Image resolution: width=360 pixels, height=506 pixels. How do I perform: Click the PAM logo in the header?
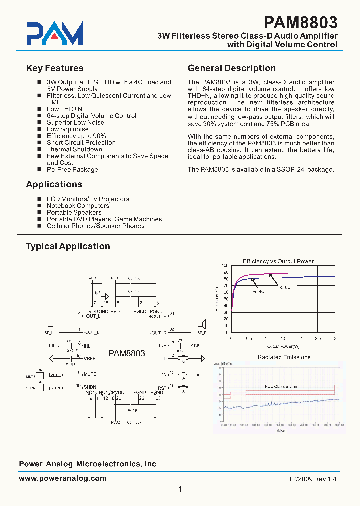(x=54, y=34)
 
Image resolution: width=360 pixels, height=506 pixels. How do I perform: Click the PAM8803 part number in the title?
(x=300, y=22)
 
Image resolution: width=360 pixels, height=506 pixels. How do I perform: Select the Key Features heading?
(x=55, y=68)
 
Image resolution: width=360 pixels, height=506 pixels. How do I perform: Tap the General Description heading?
(x=231, y=68)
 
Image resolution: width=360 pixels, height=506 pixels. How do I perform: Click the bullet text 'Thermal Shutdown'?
(x=74, y=149)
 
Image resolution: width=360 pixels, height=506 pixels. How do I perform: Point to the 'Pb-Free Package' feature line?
(x=72, y=169)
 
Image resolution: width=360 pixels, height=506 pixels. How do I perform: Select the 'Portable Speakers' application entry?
(x=74, y=212)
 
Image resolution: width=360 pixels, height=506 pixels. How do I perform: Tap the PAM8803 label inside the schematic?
(x=127, y=353)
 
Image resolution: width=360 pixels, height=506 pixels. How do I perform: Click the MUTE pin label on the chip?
(x=90, y=374)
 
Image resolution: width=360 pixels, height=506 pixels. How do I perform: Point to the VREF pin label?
(x=90, y=358)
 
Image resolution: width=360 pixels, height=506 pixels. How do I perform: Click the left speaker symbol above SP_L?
(x=47, y=324)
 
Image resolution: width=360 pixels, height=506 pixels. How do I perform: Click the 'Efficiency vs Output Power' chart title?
(x=278, y=261)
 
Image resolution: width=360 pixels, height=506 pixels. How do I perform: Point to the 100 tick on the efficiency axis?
(x=225, y=266)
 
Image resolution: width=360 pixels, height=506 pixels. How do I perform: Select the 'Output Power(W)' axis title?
(x=283, y=345)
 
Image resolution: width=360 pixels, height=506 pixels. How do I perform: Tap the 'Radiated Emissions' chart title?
(x=284, y=357)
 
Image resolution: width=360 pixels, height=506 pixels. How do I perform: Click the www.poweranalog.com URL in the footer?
(x=63, y=478)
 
